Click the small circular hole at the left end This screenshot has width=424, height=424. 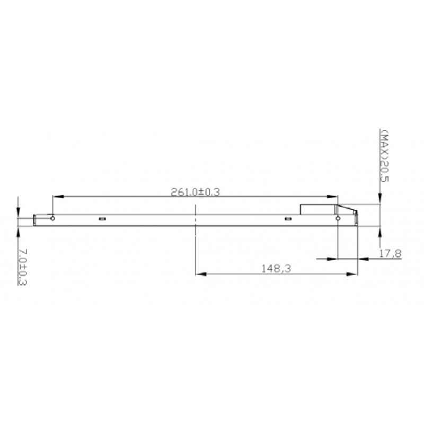pos(52,217)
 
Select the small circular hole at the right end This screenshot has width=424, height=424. pos(338,218)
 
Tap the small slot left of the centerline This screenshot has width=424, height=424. pos(102,218)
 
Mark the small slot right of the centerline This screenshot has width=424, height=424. pos(288,218)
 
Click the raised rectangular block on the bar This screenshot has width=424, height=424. pos(319,209)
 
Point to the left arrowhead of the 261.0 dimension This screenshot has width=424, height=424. pos(57,197)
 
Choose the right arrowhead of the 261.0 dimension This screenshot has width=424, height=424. pos(333,197)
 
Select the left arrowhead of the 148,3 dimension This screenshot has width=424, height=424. pos(201,274)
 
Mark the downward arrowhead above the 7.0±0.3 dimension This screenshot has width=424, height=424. pos(18,213)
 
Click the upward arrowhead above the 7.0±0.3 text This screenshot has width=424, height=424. pos(18,231)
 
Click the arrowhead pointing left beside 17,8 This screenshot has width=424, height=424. pos(364,259)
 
